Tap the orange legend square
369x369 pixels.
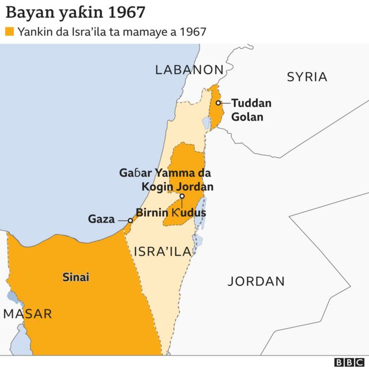point(9,32)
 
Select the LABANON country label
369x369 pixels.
point(189,70)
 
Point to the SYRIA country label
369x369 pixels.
point(307,77)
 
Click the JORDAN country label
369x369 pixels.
point(256,281)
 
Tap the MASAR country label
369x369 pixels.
point(28,314)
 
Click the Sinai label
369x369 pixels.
point(76,277)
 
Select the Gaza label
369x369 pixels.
point(101,219)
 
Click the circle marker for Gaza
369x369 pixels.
point(130,220)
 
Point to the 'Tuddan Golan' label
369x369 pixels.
point(251,110)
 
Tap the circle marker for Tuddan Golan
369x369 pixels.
point(218,103)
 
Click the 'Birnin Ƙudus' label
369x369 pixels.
point(171,212)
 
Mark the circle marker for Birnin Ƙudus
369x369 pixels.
point(182,196)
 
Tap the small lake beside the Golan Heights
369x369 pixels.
point(206,123)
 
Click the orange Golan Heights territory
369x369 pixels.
point(216,115)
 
